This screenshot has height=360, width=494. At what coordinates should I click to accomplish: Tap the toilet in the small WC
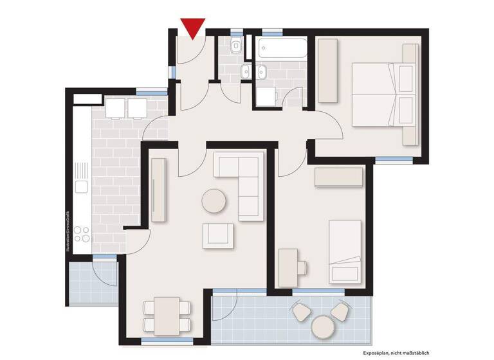(236, 46)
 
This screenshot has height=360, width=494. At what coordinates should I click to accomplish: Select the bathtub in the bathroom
(283, 48)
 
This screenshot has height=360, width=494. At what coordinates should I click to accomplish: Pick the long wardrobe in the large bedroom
(327, 69)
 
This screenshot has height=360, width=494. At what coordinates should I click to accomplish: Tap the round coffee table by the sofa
(214, 201)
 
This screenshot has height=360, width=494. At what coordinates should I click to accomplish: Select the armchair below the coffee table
(217, 235)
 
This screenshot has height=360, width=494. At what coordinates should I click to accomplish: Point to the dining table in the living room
(167, 316)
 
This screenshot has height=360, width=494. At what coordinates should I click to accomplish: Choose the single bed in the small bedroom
(345, 251)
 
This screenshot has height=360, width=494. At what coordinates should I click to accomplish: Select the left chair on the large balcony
(300, 312)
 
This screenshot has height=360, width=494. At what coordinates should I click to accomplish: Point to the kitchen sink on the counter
(81, 186)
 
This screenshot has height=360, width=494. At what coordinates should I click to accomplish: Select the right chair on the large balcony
(340, 311)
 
